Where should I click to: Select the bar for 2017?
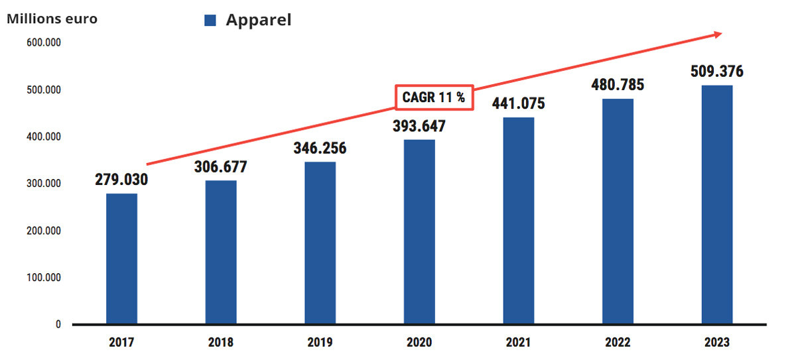pyautogui.click(x=121, y=259)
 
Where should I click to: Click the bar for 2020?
pyautogui.click(x=419, y=232)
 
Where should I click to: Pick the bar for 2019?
pyautogui.click(x=320, y=243)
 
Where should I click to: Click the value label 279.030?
pyautogui.click(x=121, y=180)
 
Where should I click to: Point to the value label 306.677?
pyautogui.click(x=221, y=166)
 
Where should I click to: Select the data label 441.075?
pyautogui.click(x=518, y=103)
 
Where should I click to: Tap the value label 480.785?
pyautogui.click(x=618, y=85)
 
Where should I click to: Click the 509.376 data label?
pyautogui.click(x=717, y=71)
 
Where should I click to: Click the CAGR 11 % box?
pyautogui.click(x=434, y=97)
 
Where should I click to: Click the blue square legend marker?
pyautogui.click(x=211, y=21)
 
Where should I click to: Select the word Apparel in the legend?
pyautogui.click(x=259, y=20)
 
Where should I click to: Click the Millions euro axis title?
pyautogui.click(x=52, y=19)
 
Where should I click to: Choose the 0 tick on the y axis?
pyautogui.click(x=58, y=324)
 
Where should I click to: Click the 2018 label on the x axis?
pyautogui.click(x=221, y=343)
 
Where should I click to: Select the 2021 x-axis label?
pyautogui.click(x=518, y=343)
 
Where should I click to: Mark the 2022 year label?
pyautogui.click(x=618, y=343)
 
